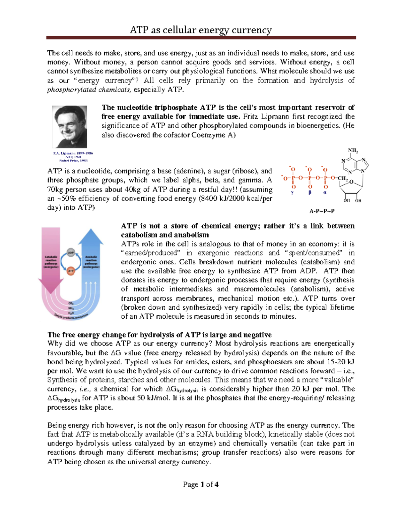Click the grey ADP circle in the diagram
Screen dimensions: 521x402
tap(71, 252)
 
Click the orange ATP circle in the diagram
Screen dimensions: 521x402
tap(71, 271)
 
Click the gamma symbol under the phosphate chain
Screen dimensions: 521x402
tap(292, 193)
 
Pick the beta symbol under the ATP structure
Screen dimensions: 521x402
tap(310, 193)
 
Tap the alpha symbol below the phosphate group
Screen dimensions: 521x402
tap(325, 193)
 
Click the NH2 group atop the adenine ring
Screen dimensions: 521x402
tap(353, 150)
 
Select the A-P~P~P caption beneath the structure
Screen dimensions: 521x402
tap(322, 211)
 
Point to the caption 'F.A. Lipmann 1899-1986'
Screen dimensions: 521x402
tap(73, 153)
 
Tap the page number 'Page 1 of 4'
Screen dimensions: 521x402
tap(201, 484)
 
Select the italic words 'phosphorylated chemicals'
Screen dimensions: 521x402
tap(88, 90)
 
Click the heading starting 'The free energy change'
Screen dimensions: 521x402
tap(159, 334)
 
